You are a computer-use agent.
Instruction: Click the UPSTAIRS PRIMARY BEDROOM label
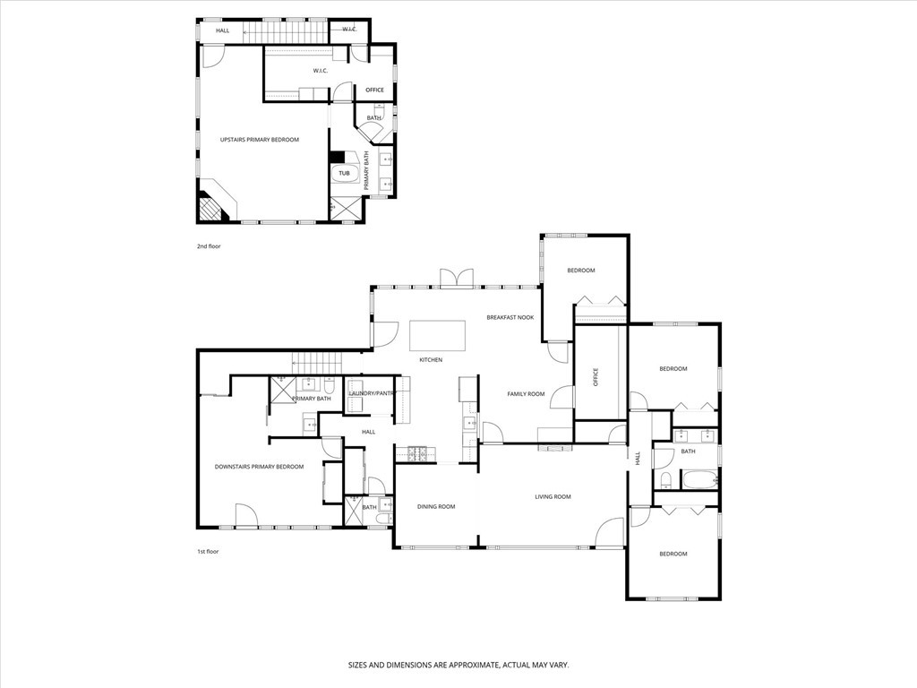[x=260, y=140]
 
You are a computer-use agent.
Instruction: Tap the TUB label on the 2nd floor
[x=344, y=173]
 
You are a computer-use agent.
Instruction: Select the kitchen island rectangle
[x=438, y=335]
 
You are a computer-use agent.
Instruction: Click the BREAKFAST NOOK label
[x=510, y=317]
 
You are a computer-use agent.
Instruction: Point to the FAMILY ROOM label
[x=526, y=394]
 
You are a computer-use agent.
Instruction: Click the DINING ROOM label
[x=436, y=507]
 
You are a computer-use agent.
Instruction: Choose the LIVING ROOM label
[x=553, y=497]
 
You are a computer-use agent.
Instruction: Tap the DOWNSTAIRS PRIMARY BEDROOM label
[x=259, y=467]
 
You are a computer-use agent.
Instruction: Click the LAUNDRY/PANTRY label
[x=371, y=393]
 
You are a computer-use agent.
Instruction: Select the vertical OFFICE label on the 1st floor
[x=595, y=376]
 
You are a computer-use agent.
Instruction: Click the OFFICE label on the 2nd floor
[x=374, y=90]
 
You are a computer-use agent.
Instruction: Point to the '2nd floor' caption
[x=208, y=245]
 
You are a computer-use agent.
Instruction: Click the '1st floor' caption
[x=208, y=552]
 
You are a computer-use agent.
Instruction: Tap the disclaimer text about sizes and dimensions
[x=458, y=665]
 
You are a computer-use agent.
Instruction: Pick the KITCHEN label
[x=431, y=360]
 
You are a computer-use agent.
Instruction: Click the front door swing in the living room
[x=610, y=533]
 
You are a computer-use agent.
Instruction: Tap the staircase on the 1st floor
[x=318, y=363]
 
